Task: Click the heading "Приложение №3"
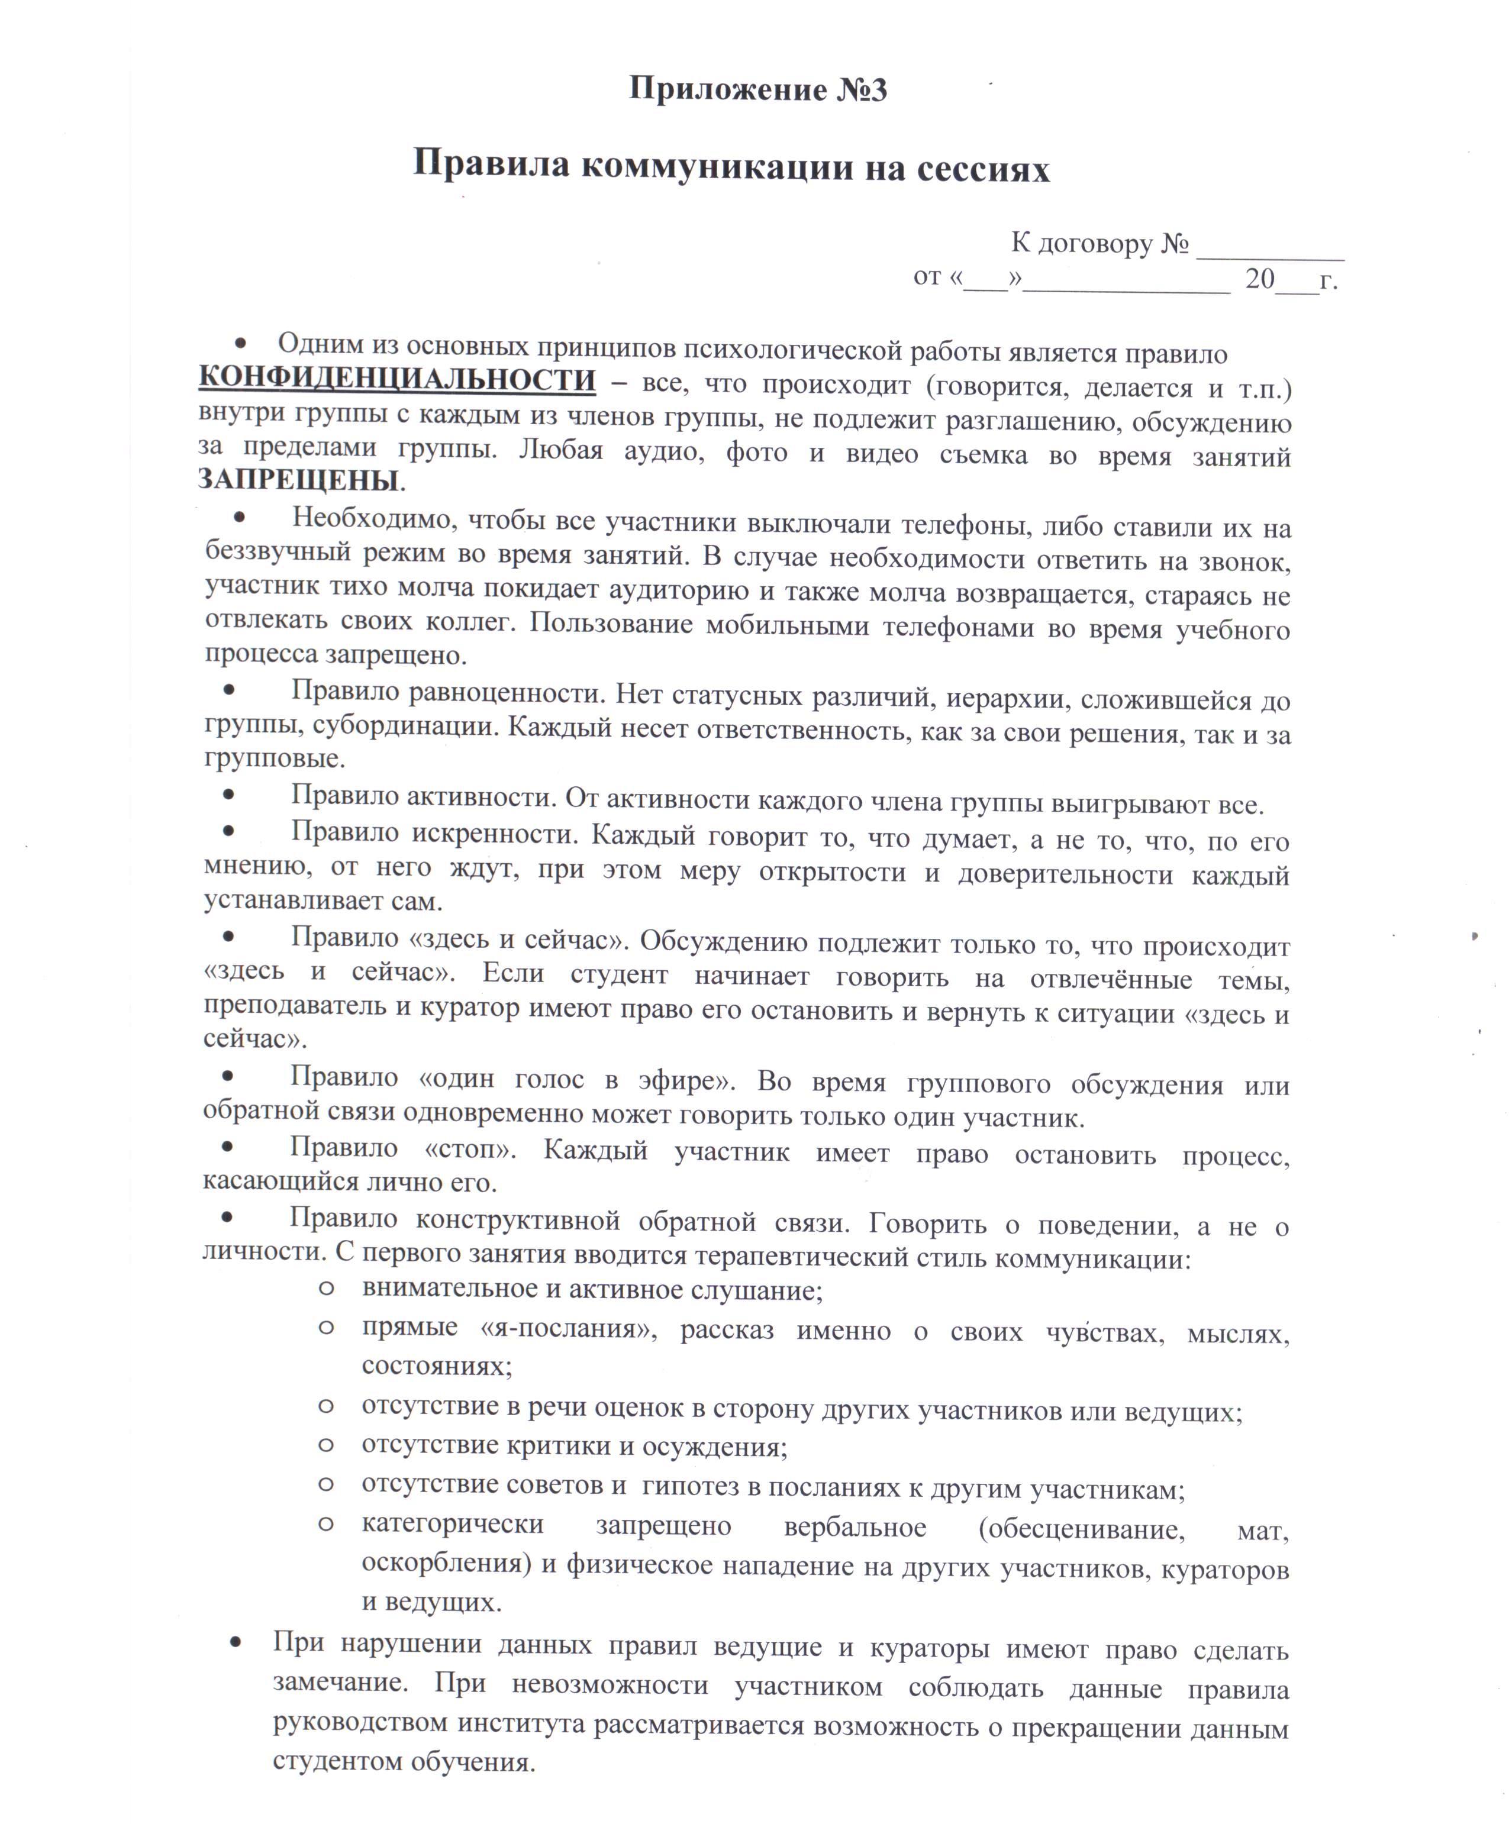point(757,89)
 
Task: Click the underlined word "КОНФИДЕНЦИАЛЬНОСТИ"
point(397,380)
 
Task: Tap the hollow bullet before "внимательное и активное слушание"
point(326,1287)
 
